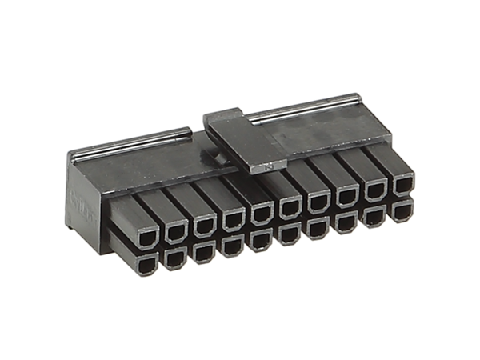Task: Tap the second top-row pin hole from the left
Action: point(174,228)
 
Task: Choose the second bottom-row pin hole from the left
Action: point(174,259)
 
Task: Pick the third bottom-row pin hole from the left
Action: point(203,254)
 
